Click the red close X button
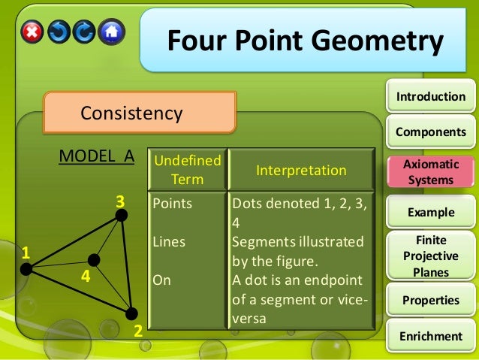tap(32, 32)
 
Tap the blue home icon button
tap(111, 32)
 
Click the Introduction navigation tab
tap(431, 96)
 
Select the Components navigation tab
tap(431, 132)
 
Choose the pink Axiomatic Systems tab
tap(431, 171)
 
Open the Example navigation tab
tap(431, 212)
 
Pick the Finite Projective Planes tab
tap(431, 256)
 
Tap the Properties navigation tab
tap(431, 300)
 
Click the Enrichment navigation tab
tap(431, 336)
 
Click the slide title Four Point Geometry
tap(304, 41)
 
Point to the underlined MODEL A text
tap(96, 156)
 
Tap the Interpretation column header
tap(301, 171)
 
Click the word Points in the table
tap(172, 204)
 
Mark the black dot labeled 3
tap(122, 216)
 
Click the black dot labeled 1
tap(26, 268)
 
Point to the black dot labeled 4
tap(93, 260)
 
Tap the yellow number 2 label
tap(137, 331)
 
